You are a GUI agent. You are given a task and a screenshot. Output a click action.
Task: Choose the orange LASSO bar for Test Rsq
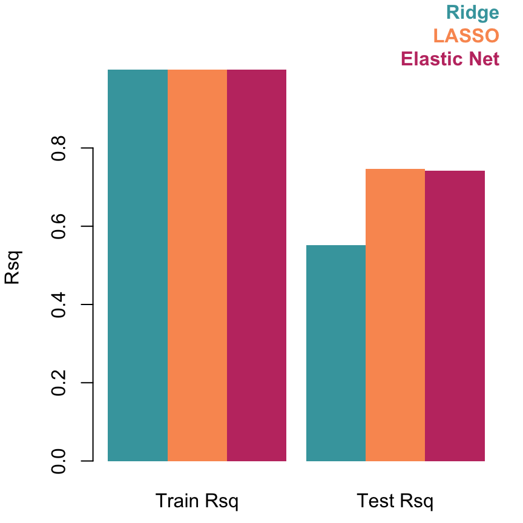pyautogui.click(x=395, y=315)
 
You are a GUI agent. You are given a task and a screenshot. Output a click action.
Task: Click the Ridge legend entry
pyautogui.click(x=472, y=13)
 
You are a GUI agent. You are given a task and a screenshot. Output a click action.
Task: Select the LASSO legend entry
pyautogui.click(x=466, y=36)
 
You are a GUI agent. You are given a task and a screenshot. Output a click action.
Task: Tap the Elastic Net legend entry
pyautogui.click(x=450, y=59)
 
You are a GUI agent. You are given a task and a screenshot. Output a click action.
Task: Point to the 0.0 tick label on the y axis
pyautogui.click(x=59, y=461)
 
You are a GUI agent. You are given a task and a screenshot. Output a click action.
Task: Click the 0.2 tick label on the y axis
pyautogui.click(x=59, y=383)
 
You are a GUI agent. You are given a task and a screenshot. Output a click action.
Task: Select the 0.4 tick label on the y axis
pyautogui.click(x=59, y=304)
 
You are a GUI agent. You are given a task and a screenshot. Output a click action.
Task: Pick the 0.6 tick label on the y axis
pyautogui.click(x=59, y=226)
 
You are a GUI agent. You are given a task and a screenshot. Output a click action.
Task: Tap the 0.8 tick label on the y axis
pyautogui.click(x=59, y=148)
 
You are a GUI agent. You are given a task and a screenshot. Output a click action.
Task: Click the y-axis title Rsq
pyautogui.click(x=13, y=267)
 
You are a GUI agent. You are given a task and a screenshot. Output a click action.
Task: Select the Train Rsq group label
pyautogui.click(x=197, y=501)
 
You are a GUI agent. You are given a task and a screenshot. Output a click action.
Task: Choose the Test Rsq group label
pyautogui.click(x=395, y=501)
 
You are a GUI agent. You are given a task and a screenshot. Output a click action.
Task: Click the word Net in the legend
pyautogui.click(x=484, y=59)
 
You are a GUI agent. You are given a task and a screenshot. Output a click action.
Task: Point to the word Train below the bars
pyautogui.click(x=177, y=501)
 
